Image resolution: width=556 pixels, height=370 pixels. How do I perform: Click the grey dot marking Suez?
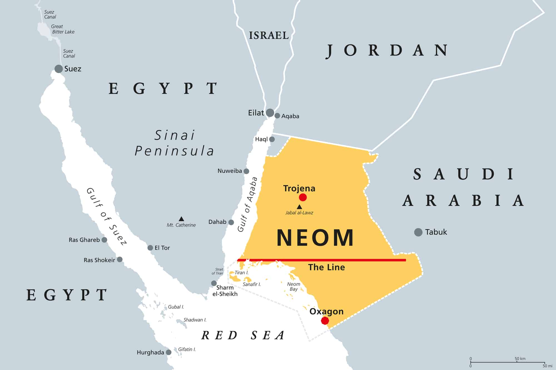(x=58, y=69)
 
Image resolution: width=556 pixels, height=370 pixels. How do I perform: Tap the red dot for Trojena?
(x=303, y=197)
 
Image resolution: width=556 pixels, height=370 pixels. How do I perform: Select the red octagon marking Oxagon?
(x=325, y=321)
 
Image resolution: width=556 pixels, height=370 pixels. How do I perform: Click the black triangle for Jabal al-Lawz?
(x=299, y=207)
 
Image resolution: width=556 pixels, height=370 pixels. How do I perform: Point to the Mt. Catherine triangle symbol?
(x=181, y=219)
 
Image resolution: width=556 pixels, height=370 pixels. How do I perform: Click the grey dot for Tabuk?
(x=418, y=232)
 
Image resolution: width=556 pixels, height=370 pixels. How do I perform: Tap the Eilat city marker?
(x=270, y=113)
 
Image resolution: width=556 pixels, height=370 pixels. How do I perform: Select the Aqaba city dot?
(x=277, y=116)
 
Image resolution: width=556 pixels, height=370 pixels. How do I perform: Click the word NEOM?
(x=315, y=238)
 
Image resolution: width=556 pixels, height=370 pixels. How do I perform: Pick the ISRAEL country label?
(x=269, y=36)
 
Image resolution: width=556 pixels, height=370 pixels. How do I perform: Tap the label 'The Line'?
(x=326, y=267)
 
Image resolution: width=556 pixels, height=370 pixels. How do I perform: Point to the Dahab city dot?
(x=231, y=222)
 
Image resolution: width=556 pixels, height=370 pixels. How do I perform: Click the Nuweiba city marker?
(x=246, y=171)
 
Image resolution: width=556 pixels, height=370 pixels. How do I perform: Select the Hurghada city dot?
(x=168, y=352)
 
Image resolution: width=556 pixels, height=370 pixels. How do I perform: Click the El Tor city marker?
(x=150, y=248)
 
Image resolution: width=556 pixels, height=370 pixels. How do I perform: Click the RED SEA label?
(x=243, y=335)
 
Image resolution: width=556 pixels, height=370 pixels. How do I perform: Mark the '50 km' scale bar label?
(x=520, y=359)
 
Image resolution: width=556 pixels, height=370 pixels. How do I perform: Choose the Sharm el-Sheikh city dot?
(x=214, y=283)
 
